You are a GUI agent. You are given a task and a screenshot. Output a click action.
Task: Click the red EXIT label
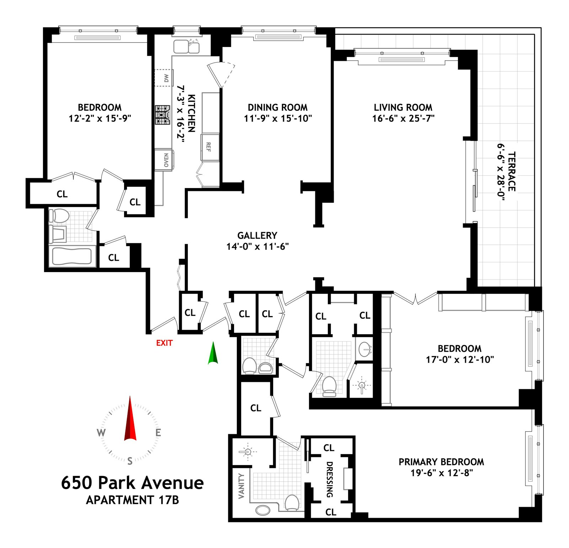(x=164, y=343)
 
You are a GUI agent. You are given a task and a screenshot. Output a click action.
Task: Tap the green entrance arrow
(x=213, y=354)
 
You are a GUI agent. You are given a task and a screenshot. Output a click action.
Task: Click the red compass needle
(x=130, y=420)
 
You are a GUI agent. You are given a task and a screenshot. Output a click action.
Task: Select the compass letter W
(x=101, y=433)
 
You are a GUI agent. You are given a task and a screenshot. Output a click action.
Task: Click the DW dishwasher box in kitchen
(x=164, y=78)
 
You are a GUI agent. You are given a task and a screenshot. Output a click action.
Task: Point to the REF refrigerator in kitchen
(x=209, y=147)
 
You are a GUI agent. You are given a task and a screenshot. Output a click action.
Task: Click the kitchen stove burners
(x=163, y=115)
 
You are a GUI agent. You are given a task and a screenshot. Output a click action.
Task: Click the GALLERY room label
(x=257, y=235)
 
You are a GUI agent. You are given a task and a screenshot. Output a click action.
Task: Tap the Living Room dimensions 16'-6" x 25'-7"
(x=403, y=118)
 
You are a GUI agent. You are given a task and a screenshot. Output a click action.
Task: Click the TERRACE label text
(x=511, y=171)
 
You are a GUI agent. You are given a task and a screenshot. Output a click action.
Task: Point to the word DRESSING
(x=330, y=479)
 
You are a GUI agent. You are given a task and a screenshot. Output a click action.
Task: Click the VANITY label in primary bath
(x=241, y=486)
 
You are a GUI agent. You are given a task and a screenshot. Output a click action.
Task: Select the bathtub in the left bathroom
(x=72, y=256)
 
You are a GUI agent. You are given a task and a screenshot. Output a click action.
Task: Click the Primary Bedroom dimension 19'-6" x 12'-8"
(x=442, y=473)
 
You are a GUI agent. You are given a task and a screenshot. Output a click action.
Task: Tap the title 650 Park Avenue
(x=132, y=483)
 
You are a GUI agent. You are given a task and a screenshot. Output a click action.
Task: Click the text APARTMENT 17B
(x=132, y=500)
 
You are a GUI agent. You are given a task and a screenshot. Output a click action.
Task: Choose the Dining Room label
(x=277, y=107)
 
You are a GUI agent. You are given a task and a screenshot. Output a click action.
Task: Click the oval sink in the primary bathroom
(x=263, y=510)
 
